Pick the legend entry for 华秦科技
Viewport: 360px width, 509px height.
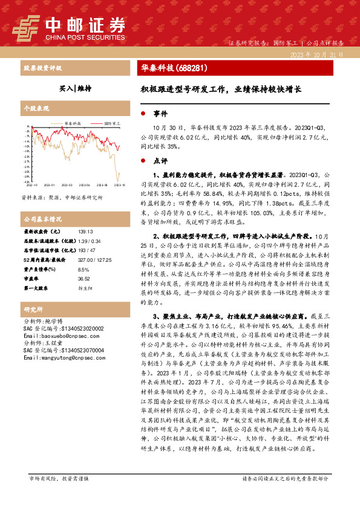pyautogui.click(x=73, y=123)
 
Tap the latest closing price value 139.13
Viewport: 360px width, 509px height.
pyautogui.click(x=85, y=232)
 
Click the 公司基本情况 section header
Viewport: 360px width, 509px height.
pyautogui.click(x=42, y=219)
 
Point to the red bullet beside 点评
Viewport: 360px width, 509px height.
pyautogui.click(x=143, y=161)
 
